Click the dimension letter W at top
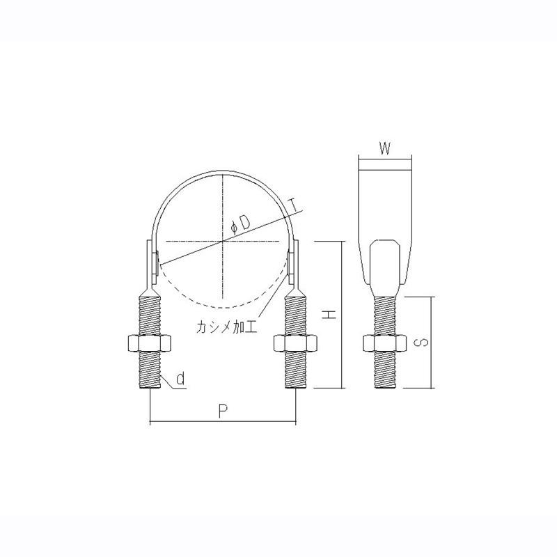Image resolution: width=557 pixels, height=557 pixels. [384, 148]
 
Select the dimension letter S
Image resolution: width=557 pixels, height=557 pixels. [420, 342]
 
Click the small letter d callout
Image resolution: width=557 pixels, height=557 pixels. [180, 379]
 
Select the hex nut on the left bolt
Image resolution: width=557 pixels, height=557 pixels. [150, 343]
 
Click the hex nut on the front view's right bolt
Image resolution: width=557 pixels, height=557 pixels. [295, 343]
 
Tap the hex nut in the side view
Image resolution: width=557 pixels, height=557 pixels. [384, 343]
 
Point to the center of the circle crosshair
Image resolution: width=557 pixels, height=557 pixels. [223, 242]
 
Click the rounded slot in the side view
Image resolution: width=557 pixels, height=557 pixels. [384, 265]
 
